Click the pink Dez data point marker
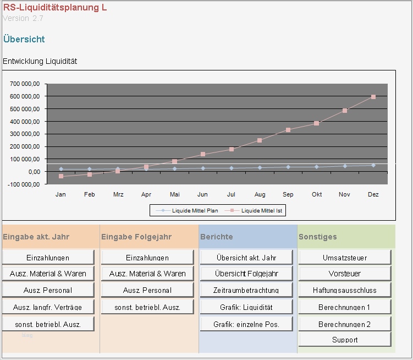[x=373, y=97]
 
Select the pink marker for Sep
[x=288, y=130]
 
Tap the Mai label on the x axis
[x=174, y=194]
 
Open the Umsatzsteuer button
[x=344, y=258]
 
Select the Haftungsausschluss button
[x=344, y=290]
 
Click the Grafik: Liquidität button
[x=246, y=307]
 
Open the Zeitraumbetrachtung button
[x=246, y=290]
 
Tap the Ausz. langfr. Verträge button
[x=48, y=307]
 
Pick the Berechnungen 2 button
[x=344, y=324]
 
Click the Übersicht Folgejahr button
[x=246, y=274]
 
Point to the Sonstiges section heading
[x=318, y=237]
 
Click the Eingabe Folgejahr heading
[x=136, y=237]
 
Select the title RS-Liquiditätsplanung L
[x=55, y=8]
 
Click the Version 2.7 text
[x=23, y=18]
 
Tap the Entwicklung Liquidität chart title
[x=40, y=61]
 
